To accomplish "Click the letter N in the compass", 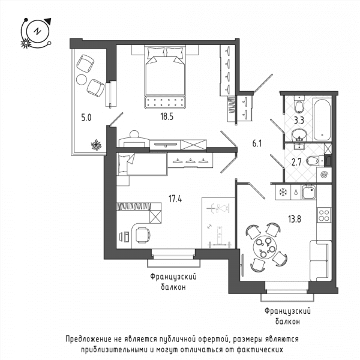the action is tap(37, 31).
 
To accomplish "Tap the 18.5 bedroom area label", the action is tap(167, 117).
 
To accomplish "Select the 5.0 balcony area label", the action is tap(86, 118).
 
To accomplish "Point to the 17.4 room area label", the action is tap(175, 199).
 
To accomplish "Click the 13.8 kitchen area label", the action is tap(295, 219).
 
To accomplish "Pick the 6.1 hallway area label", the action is tap(257, 144).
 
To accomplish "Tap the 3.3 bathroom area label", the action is tap(299, 121).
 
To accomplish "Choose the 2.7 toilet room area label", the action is tap(296, 163).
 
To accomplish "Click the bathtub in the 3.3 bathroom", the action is tap(322, 119).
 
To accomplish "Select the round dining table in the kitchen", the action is tap(265, 247).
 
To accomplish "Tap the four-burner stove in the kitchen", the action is tap(324, 215).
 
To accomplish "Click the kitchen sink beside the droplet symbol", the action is tap(309, 192).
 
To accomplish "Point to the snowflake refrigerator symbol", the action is tap(283, 192).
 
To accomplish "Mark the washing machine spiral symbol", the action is tap(324, 175).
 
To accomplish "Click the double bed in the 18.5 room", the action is tap(165, 76).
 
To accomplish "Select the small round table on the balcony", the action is tap(82, 80).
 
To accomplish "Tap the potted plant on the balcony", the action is tap(96, 145).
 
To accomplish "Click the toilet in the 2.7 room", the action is tap(313, 161).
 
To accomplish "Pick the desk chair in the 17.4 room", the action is tap(143, 235).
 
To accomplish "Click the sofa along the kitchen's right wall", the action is tap(320, 260).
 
